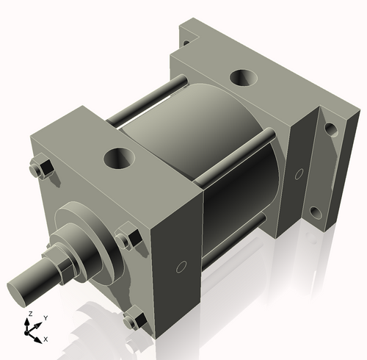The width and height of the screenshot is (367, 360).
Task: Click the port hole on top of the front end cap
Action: pos(118,156)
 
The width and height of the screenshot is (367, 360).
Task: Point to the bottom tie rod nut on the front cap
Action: pos(134,321)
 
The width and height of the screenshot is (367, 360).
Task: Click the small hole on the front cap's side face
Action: pos(182,266)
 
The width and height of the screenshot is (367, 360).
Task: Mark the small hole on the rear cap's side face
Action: pos(299,174)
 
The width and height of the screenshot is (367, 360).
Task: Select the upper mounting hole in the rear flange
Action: pos(331,130)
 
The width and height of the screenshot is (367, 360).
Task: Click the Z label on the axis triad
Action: pos(30,314)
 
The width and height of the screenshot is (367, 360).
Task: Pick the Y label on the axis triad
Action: pos(46,317)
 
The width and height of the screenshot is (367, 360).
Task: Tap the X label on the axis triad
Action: pos(46,339)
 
